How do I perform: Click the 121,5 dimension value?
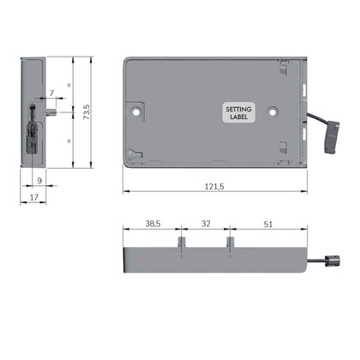click(214, 187)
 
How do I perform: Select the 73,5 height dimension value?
click(87, 111)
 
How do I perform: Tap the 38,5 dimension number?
click(153, 224)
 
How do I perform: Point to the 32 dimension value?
click(206, 224)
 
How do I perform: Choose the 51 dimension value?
click(268, 225)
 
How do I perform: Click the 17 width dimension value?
click(34, 197)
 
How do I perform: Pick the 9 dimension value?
click(39, 181)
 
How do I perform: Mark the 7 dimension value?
click(51, 93)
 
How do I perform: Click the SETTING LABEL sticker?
click(238, 112)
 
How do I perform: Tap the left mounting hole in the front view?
click(136, 111)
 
